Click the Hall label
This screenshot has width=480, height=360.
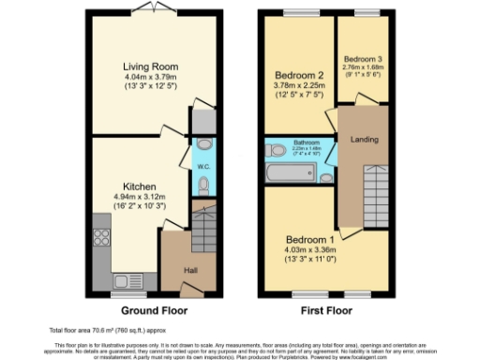point(190,271)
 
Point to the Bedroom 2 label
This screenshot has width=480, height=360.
point(297,75)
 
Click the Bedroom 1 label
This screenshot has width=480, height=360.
point(309,238)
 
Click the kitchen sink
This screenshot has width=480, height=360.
point(123,280)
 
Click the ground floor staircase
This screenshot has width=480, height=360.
point(203,228)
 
